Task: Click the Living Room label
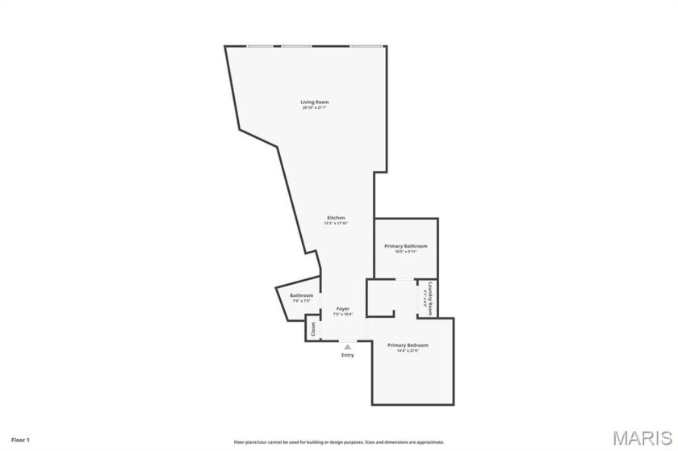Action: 315,102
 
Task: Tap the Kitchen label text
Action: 336,218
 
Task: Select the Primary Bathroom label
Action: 406,245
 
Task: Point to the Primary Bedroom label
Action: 413,345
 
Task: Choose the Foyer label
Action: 343,308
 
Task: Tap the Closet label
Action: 313,329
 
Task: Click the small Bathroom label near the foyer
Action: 302,295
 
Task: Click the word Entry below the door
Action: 347,355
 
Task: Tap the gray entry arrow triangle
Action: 348,347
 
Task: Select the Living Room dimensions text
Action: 315,107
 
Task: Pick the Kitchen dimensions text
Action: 336,223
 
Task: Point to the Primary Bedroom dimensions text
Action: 413,350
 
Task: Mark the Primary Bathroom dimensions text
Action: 406,251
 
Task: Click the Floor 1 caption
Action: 21,440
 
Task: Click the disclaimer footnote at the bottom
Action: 339,442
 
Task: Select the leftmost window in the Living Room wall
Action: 259,46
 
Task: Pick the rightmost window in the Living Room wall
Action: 366,46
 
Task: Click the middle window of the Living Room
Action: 296,46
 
